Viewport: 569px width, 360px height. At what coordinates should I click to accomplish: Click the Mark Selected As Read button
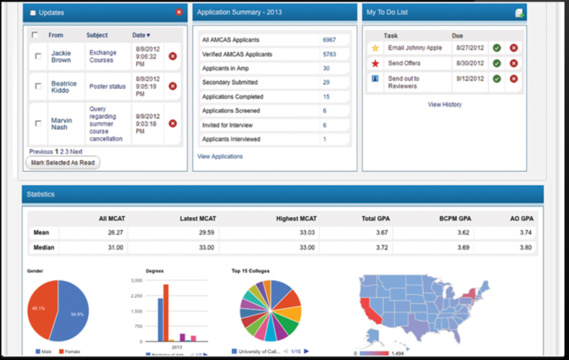tap(63, 163)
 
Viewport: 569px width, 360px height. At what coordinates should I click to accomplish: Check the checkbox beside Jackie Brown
tap(39, 56)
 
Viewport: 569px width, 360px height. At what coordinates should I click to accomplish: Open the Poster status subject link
tap(107, 87)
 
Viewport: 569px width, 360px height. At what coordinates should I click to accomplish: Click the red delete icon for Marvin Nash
tap(172, 123)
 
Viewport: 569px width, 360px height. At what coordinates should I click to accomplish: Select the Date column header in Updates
tap(140, 36)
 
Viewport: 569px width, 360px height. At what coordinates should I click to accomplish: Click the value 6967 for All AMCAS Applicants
tap(329, 40)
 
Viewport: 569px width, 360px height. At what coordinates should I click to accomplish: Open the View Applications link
tap(220, 157)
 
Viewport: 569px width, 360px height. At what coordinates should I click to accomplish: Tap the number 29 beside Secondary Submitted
tap(326, 82)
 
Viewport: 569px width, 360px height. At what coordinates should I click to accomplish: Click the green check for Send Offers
tap(497, 63)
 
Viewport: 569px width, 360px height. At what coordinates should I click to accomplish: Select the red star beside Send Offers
tap(375, 63)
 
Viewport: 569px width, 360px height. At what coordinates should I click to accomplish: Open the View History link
tap(445, 104)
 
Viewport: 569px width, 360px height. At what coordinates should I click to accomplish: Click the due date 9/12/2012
tap(470, 78)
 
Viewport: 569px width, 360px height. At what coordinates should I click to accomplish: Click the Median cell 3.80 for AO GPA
tap(525, 247)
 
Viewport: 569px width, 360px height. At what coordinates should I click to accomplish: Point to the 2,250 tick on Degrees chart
tap(136, 295)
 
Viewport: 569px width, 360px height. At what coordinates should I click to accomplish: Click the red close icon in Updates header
tap(179, 12)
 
